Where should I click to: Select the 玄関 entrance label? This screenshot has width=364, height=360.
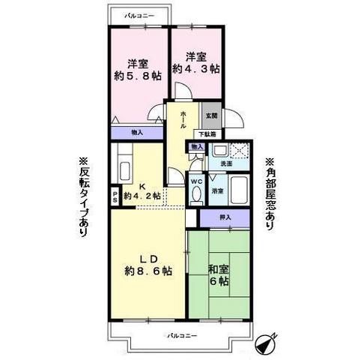coord(212,115)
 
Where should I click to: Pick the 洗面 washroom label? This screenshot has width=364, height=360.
coord(225,164)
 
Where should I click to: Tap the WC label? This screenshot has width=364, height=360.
coord(194,180)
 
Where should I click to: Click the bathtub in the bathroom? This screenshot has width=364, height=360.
coord(240,190)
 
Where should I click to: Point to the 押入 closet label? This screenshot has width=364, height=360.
coord(225,217)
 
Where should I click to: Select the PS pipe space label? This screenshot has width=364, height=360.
coord(115,196)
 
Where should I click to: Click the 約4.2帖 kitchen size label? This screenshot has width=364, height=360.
coord(142,196)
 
